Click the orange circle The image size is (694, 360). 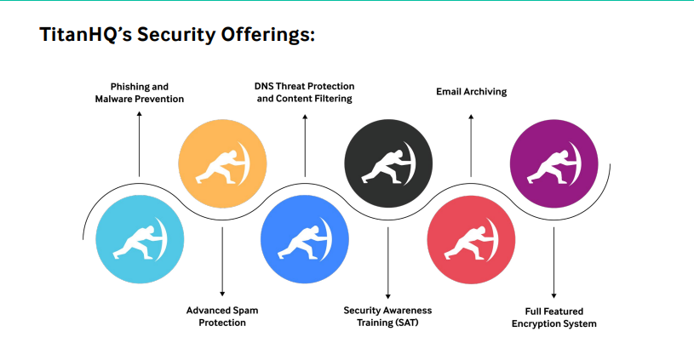coord(221,161)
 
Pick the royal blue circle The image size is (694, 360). coord(304,239)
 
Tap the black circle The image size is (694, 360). coord(387,161)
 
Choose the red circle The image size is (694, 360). coord(470,240)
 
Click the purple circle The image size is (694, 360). coord(553,161)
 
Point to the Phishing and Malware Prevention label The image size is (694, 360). coord(140,93)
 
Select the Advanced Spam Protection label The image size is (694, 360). coord(222,317)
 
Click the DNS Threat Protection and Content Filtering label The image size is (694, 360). coord(304,93)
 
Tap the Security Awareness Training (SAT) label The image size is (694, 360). coord(387,317)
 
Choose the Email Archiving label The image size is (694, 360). coord(471,91)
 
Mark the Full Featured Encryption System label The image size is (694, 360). coord(553,317)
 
